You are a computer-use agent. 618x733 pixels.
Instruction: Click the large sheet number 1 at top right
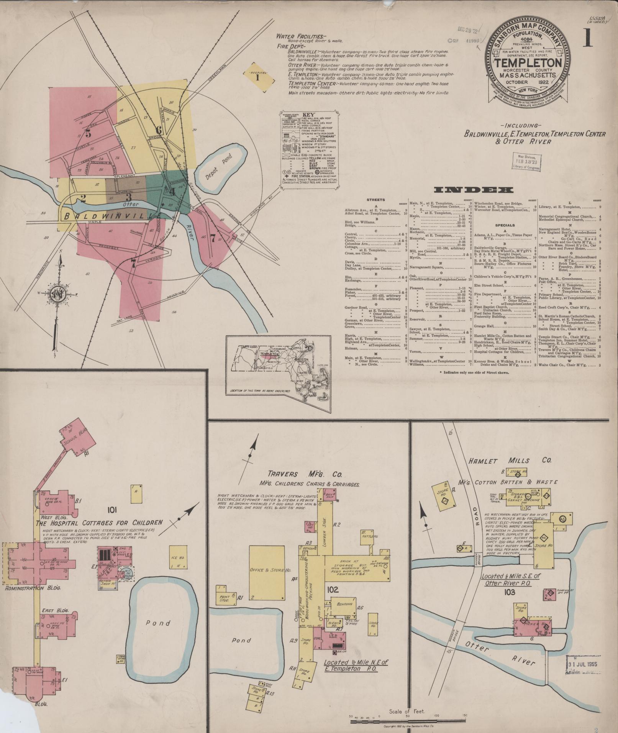[588, 39]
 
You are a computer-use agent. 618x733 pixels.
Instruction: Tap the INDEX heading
[473, 190]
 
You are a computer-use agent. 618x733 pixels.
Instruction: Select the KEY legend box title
[308, 115]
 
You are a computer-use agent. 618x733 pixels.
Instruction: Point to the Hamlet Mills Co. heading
[508, 461]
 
